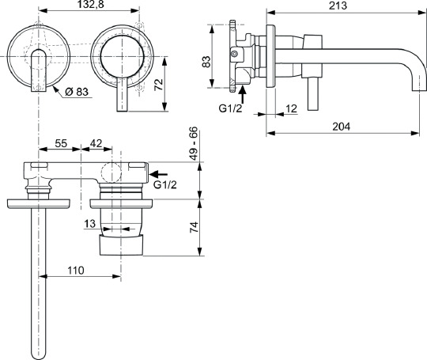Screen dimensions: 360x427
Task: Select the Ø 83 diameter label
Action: (78, 92)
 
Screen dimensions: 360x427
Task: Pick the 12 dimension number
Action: (291, 108)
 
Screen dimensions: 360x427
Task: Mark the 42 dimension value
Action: (96, 145)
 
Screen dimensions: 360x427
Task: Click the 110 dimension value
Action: (74, 270)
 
